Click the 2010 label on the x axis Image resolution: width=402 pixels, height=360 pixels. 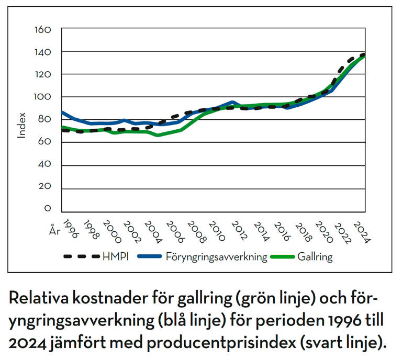(216, 231)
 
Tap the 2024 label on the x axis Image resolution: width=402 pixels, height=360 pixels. (362, 231)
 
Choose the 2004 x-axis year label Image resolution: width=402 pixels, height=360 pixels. (154, 231)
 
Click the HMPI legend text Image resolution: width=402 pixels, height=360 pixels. (115, 257)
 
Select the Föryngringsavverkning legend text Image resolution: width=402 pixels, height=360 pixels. (217, 257)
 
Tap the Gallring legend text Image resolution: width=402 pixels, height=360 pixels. (316, 257)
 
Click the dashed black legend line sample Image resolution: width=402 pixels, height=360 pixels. (82, 257)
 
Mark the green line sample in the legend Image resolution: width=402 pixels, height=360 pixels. (286, 257)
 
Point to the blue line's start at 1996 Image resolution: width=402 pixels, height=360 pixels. (62, 113)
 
